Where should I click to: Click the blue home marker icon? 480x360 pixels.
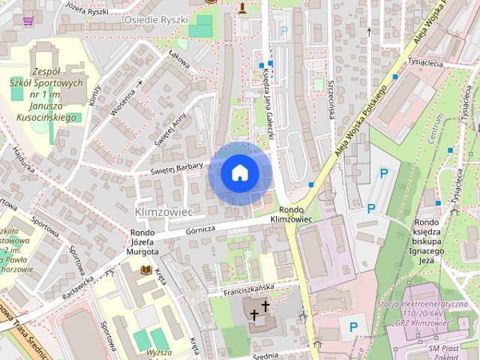[239, 172]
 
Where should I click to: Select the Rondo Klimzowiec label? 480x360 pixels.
[290, 214]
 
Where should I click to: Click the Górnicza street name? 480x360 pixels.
[201, 228]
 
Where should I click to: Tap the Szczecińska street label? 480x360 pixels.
[329, 102]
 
